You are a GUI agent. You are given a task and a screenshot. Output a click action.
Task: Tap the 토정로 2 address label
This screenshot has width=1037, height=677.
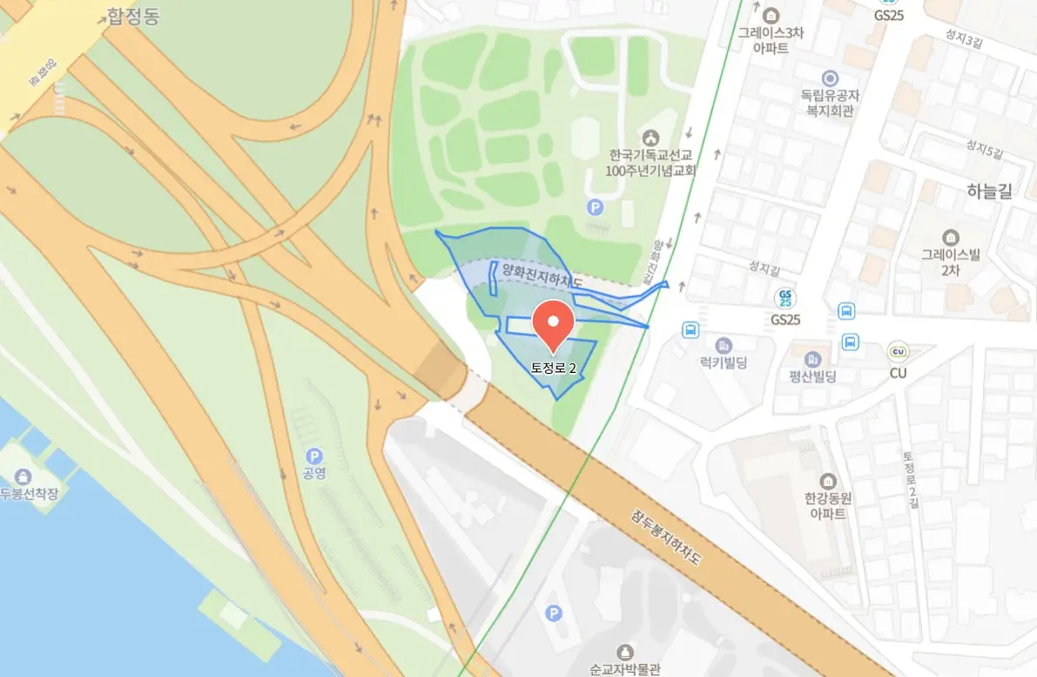555,368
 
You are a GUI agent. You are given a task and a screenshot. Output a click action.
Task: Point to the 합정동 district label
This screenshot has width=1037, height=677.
132,16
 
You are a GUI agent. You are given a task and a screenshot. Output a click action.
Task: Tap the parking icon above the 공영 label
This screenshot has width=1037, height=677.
315,456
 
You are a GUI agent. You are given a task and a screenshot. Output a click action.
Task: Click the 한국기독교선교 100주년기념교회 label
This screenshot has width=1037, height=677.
650,162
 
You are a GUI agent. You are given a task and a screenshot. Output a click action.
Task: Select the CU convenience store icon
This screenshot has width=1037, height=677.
898,352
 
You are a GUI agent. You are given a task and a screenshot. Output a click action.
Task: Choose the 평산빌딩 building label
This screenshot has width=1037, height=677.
812,376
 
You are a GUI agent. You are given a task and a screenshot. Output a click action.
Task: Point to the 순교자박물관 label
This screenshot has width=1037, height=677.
624,669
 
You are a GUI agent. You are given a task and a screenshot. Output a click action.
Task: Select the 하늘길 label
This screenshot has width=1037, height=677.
989,192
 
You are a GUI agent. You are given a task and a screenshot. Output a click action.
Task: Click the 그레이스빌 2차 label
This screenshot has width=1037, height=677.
951,262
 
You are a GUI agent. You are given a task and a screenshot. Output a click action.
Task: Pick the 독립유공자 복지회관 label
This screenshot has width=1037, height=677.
829,103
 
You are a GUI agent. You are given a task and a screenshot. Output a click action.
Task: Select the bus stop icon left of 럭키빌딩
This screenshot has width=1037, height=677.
690,329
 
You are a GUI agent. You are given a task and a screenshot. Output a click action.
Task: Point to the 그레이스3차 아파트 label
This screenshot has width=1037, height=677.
771,40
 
